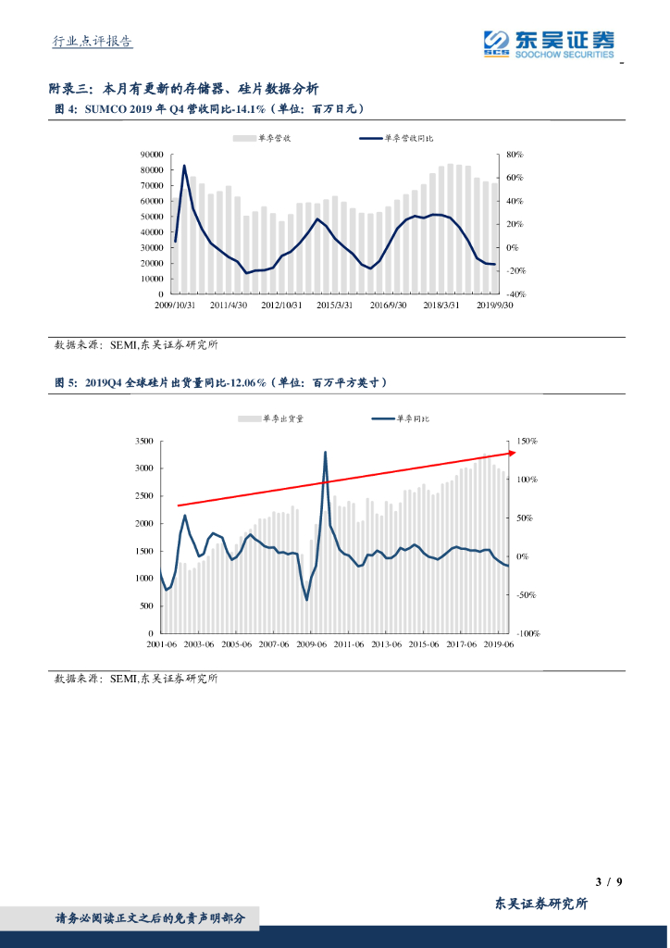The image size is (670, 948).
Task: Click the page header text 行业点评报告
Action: click(x=92, y=41)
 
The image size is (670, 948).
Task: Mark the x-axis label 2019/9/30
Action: click(x=495, y=305)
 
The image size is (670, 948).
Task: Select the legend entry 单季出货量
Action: click(x=274, y=418)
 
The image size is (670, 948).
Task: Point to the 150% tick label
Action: click(x=527, y=441)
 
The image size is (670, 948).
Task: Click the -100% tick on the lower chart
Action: click(x=527, y=634)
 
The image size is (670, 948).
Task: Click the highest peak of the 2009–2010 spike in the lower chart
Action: click(x=325, y=452)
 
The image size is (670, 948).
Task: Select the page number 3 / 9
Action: click(x=606, y=880)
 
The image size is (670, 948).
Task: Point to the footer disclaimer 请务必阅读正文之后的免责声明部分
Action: click(x=151, y=918)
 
